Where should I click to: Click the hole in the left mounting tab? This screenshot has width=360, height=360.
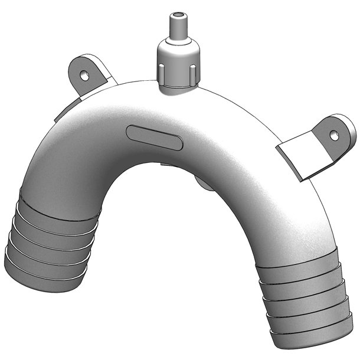[84, 75]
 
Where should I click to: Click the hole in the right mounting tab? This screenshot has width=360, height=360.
[335, 135]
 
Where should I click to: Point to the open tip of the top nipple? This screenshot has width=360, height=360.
[176, 14]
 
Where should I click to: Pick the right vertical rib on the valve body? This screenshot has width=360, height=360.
[192, 73]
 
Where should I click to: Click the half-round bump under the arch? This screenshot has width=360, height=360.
[204, 184]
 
